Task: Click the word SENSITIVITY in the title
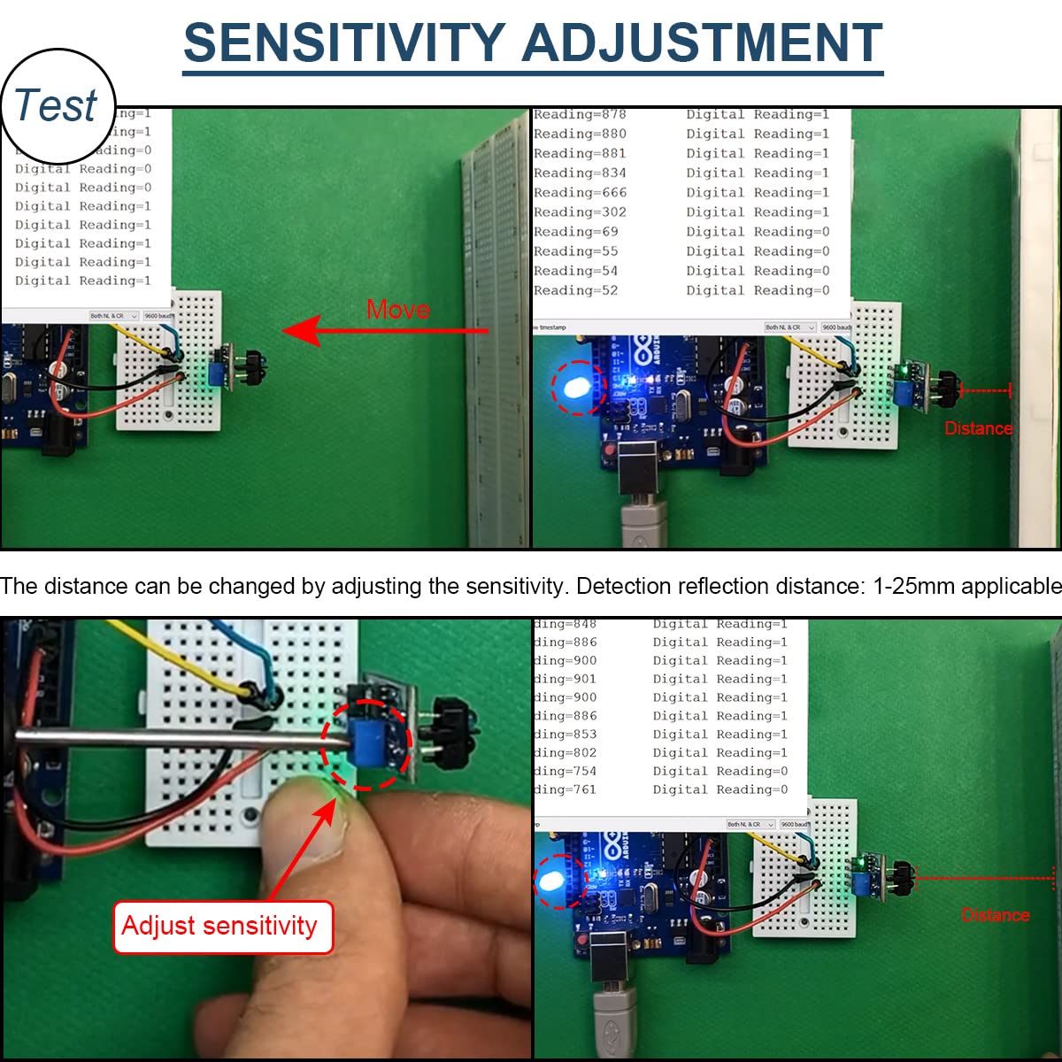(343, 42)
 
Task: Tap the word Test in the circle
(56, 105)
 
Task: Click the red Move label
(398, 310)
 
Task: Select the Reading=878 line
(580, 114)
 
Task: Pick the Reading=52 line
(576, 290)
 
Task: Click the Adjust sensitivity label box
(221, 926)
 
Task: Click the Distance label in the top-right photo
(978, 428)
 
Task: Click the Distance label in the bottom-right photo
(996, 915)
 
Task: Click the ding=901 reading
(566, 679)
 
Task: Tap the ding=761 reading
(566, 789)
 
